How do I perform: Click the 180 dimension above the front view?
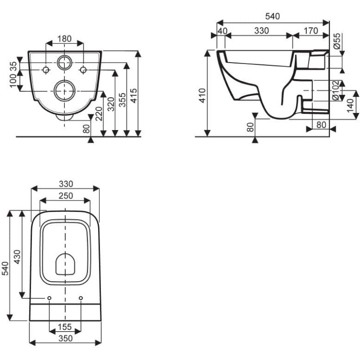point(64,39)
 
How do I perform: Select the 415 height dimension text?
point(133,95)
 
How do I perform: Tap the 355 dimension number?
point(123,100)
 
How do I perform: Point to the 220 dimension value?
point(99,114)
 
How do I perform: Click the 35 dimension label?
point(13,67)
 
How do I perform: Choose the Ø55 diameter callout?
point(337,41)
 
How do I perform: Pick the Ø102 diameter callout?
point(335,90)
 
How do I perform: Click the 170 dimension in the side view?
point(310,31)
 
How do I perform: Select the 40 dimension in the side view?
point(222,31)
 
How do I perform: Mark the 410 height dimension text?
point(202,95)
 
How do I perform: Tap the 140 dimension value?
point(351,106)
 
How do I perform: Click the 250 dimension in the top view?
point(66,196)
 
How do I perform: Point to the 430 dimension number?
point(17,257)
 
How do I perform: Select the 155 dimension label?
point(65,327)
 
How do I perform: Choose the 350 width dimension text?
point(66,338)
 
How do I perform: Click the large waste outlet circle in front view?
point(64,91)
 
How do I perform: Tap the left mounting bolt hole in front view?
point(46,70)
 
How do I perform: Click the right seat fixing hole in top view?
point(81,298)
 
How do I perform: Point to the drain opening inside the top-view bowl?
point(65,264)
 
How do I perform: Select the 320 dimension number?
point(111,104)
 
